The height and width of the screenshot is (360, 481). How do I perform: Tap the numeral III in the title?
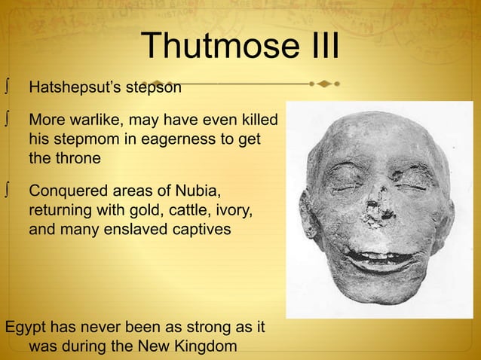point(317,47)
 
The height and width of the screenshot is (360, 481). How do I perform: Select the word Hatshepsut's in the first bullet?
point(72,88)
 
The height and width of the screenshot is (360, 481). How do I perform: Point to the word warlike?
point(99,121)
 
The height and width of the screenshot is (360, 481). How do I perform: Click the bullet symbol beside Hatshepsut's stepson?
point(6,88)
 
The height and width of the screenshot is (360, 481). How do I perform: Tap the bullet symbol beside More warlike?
point(6,121)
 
